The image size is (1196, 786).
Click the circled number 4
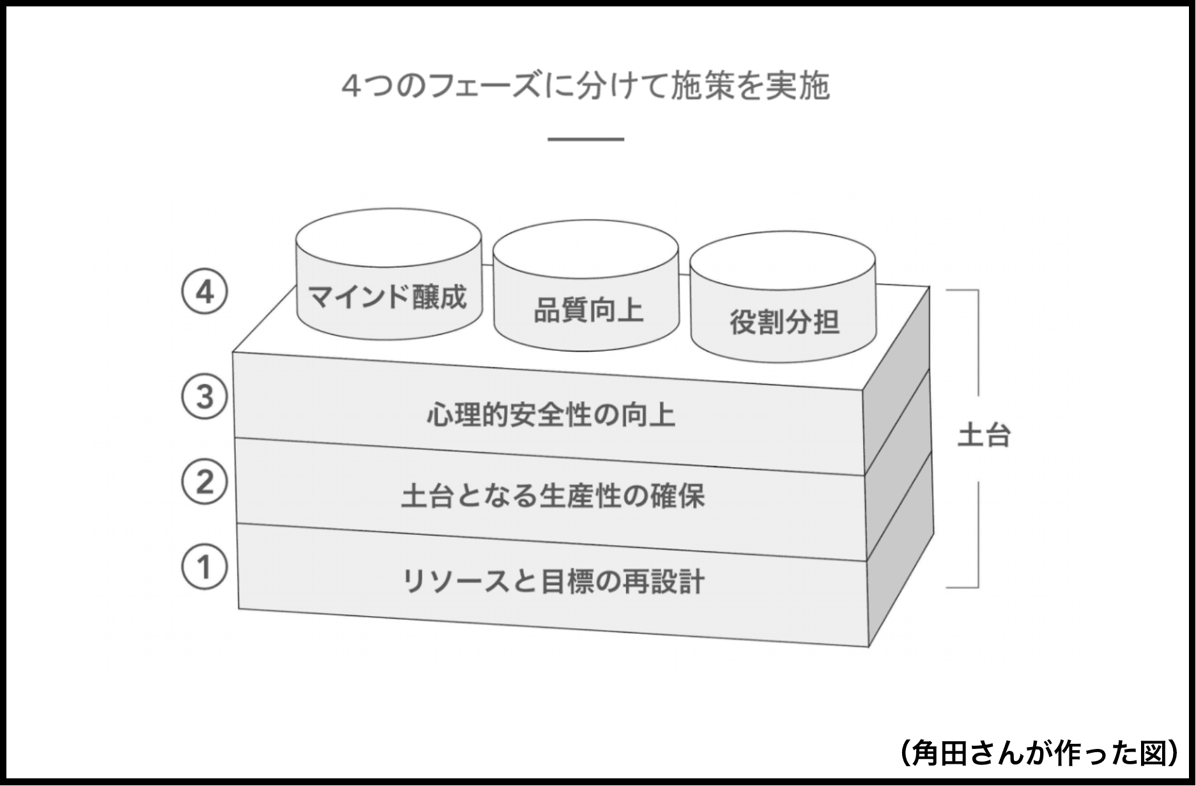click(204, 293)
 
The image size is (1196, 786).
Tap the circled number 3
click(204, 397)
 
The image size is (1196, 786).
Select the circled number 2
click(204, 482)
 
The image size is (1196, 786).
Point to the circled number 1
click(204, 567)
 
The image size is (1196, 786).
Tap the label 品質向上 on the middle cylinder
click(588, 311)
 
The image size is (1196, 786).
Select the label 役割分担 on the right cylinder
click(784, 322)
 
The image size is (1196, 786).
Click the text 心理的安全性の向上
click(551, 415)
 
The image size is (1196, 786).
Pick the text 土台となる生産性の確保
click(553, 497)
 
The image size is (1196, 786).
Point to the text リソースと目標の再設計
click(553, 582)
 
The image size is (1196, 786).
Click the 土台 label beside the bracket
click(983, 436)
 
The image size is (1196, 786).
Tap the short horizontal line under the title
click(585, 139)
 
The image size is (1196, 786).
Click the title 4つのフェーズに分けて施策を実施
click(585, 86)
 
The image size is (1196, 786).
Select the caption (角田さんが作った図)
click(1039, 752)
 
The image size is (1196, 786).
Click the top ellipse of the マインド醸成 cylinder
click(388, 237)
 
